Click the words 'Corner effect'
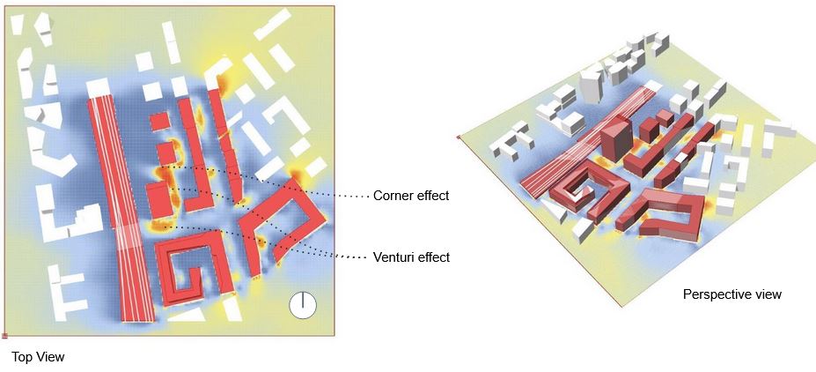(x=411, y=196)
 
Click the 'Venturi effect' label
(x=411, y=257)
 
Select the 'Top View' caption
(x=38, y=357)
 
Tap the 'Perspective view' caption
(x=731, y=294)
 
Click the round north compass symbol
(x=302, y=305)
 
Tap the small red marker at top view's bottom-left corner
(x=4, y=336)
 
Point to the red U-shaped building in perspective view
(x=673, y=212)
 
